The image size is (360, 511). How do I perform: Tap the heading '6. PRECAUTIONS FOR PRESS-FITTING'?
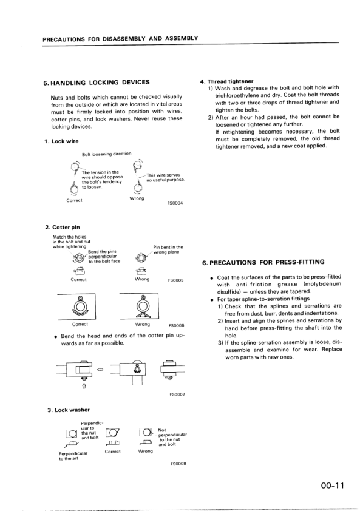pyautogui.click(x=269, y=263)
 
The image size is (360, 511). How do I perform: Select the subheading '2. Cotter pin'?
pyautogui.click(x=63, y=228)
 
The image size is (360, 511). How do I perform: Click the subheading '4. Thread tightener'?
pyautogui.click(x=226, y=81)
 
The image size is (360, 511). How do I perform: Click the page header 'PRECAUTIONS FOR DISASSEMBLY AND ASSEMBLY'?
pyautogui.click(x=120, y=38)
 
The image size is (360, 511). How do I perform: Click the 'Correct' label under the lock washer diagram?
pyautogui.click(x=113, y=452)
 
